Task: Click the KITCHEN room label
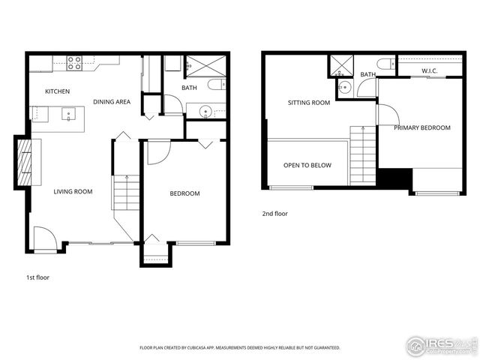click(57, 91)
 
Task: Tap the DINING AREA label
click(112, 102)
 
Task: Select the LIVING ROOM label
click(73, 192)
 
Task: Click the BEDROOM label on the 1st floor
click(184, 193)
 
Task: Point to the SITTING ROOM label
click(309, 103)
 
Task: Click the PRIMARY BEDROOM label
click(422, 127)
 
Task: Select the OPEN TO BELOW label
click(307, 165)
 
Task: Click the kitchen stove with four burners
click(74, 64)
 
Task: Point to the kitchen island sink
click(69, 115)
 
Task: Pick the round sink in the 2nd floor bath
click(344, 87)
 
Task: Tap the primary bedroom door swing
click(388, 115)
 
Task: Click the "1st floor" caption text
click(38, 277)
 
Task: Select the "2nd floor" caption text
click(275, 214)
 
